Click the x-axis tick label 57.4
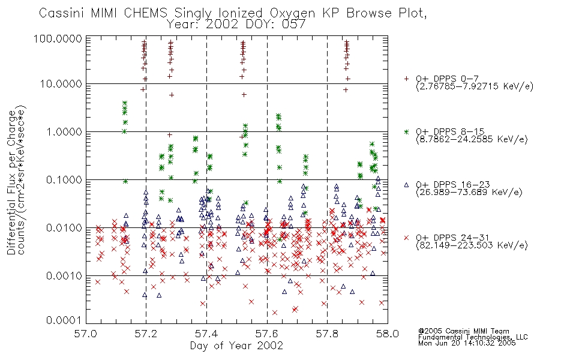(206, 334)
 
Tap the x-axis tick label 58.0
(388, 334)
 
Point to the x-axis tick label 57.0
(86, 334)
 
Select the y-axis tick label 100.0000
(58, 38)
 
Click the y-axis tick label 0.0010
(64, 276)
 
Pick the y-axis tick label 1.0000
(64, 131)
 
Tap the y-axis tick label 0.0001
(64, 320)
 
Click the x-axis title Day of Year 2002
(236, 346)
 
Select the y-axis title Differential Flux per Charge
(11, 182)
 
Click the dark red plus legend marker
(406, 79)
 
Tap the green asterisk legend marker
(406, 131)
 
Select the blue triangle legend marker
(406, 185)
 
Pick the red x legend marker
(406, 238)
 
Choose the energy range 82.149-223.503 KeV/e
(472, 245)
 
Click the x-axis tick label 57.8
(327, 334)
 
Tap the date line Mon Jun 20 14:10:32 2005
(467, 343)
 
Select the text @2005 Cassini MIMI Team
(464, 331)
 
